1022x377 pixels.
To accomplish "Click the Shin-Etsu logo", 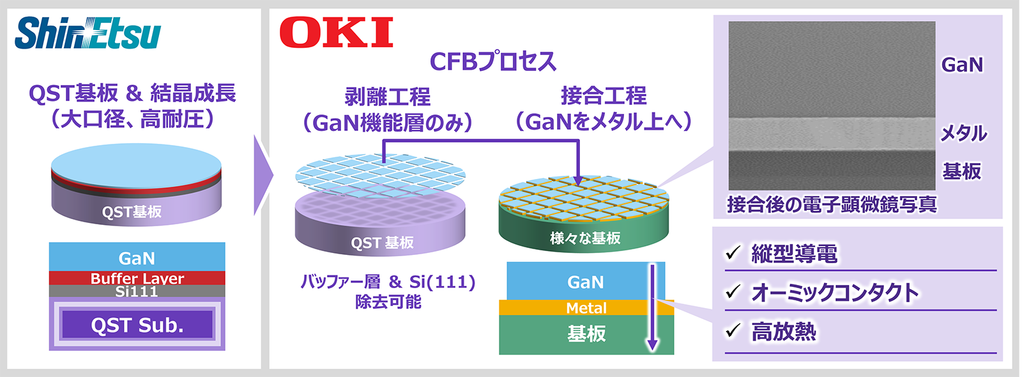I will [88, 33].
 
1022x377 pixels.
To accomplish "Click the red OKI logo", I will [336, 33].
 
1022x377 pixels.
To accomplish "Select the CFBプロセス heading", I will [492, 61].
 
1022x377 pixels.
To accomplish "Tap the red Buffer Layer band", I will [137, 278].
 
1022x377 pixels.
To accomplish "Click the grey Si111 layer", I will [137, 291].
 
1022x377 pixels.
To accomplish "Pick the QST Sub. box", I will [137, 325].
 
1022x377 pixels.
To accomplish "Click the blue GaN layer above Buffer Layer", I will [137, 258].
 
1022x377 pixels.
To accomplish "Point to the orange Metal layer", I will [586, 308].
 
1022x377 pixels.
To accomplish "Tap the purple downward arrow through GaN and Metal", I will [652, 307].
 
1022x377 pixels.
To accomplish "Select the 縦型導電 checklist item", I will [794, 254].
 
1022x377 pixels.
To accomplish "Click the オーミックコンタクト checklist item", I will [835, 293].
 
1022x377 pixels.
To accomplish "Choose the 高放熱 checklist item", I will [783, 332].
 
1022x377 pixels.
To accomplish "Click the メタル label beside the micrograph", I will [963, 133].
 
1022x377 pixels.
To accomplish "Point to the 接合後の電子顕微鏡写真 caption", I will [832, 204].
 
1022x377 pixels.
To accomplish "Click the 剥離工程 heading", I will [387, 97].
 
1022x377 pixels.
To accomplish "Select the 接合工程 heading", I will [603, 96].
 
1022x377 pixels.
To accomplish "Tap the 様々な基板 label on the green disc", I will [585, 238].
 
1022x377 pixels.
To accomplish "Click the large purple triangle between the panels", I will [263, 175].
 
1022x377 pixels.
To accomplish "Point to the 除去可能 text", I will [388, 302].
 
